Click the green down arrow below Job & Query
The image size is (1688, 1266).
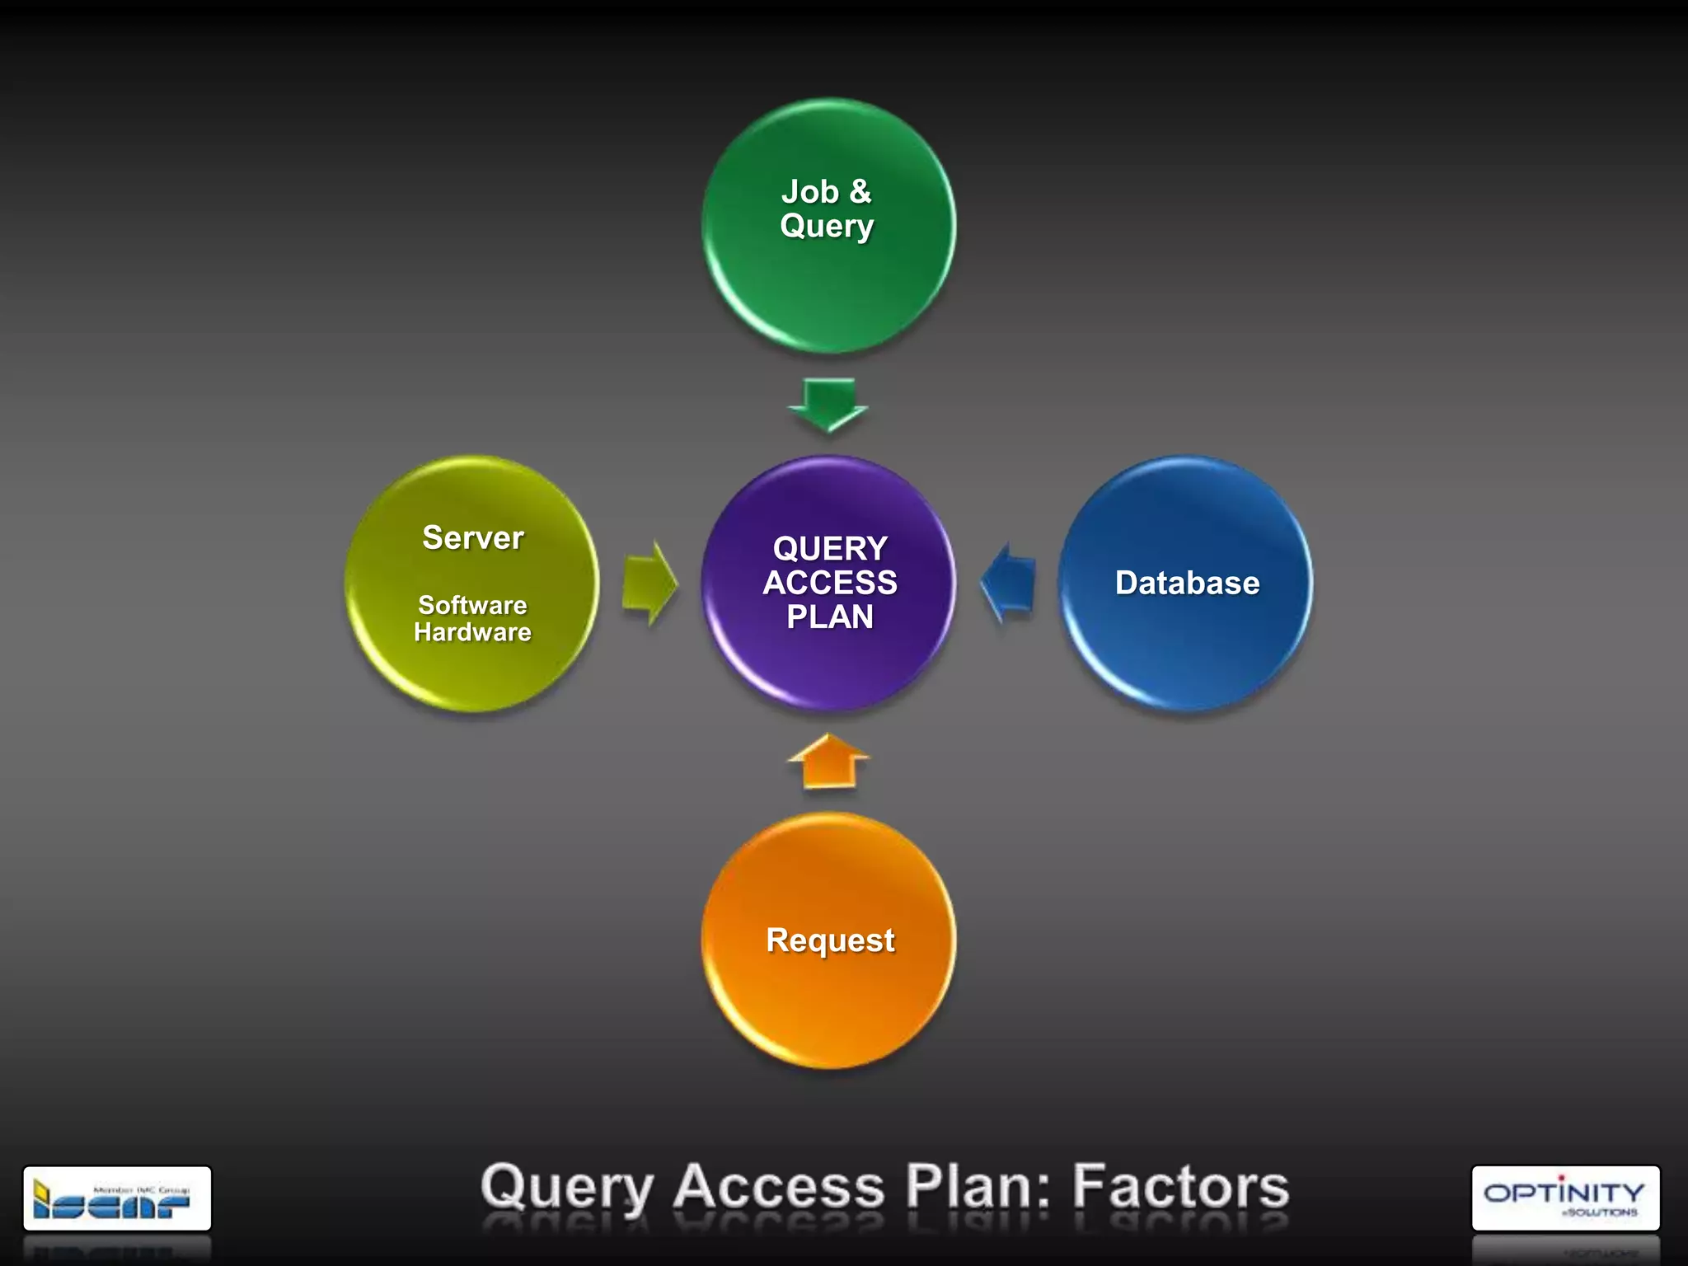pyautogui.click(x=828, y=404)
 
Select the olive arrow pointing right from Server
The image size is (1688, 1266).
pyautogui.click(x=649, y=583)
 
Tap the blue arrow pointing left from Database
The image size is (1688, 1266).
pyautogui.click(x=1009, y=583)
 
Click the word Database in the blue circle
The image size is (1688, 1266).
pyautogui.click(x=1187, y=583)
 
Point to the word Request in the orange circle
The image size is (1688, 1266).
pyautogui.click(x=830, y=940)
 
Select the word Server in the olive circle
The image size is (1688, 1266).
pyautogui.click(x=472, y=537)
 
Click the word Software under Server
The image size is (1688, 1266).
pyautogui.click(x=472, y=605)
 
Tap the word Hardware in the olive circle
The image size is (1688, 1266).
pyautogui.click(x=472, y=632)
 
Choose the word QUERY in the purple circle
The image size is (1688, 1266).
pyautogui.click(x=830, y=548)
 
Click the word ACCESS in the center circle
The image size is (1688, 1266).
pyautogui.click(x=830, y=583)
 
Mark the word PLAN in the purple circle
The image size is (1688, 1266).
pyautogui.click(x=830, y=617)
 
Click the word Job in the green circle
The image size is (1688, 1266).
pyautogui.click(x=809, y=192)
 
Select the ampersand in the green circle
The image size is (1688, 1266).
pyautogui.click(x=860, y=191)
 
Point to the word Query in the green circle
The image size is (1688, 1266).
pyautogui.click(x=827, y=227)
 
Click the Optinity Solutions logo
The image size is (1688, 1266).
pyautogui.click(x=1564, y=1198)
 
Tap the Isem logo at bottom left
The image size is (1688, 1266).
pyautogui.click(x=117, y=1198)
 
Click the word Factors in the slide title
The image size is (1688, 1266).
pyautogui.click(x=1180, y=1187)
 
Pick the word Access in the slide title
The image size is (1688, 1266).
pyautogui.click(x=779, y=1187)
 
